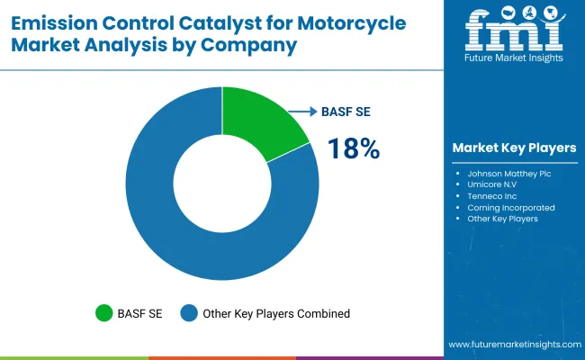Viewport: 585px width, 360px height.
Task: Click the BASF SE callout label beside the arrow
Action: click(346, 112)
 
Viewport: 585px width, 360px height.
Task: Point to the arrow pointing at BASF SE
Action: click(302, 112)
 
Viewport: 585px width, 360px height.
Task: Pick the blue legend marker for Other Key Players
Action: click(189, 313)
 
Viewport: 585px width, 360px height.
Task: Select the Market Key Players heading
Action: click(514, 148)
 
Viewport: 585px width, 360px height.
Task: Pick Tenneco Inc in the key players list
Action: click(492, 195)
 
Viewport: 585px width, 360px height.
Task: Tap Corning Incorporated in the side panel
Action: click(510, 207)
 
